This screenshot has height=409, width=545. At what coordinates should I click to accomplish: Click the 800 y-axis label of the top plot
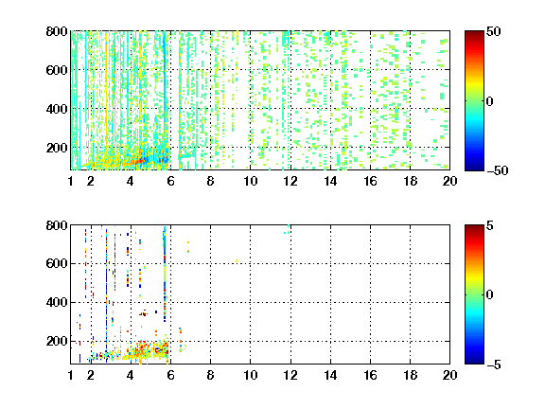[x=57, y=31]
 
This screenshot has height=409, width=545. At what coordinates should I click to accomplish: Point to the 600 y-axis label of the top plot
[x=57, y=70]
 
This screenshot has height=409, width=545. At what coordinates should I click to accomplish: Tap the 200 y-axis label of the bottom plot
[x=57, y=341]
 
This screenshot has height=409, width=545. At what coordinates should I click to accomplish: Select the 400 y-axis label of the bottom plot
[x=57, y=302]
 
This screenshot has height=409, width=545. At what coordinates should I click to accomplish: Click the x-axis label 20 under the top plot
[x=449, y=181]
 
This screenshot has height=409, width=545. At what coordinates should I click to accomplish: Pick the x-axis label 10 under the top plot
[x=250, y=181]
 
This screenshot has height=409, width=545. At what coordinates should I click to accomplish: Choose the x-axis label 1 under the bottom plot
[x=71, y=375]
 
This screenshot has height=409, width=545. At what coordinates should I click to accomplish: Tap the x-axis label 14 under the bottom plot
[x=330, y=375]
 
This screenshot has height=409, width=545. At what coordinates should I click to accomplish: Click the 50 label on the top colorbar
[x=493, y=31]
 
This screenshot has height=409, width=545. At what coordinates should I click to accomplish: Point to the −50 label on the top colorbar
[x=497, y=170]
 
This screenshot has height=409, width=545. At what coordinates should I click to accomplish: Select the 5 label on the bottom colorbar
[x=490, y=225]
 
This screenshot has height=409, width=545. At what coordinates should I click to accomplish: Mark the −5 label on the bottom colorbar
[x=494, y=365]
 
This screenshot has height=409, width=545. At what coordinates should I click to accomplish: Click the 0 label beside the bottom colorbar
[x=490, y=295]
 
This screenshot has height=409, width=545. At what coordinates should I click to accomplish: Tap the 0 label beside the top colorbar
[x=490, y=101]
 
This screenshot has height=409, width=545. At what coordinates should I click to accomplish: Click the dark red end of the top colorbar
[x=474, y=33]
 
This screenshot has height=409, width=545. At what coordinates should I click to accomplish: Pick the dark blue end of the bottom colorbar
[x=474, y=362]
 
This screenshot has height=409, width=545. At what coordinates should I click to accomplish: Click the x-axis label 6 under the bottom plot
[x=170, y=375]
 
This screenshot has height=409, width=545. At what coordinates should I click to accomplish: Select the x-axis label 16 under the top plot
[x=370, y=181]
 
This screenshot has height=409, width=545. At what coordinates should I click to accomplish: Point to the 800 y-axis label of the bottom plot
[x=57, y=225]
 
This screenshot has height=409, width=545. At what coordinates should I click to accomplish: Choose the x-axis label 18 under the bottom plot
[x=410, y=375]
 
